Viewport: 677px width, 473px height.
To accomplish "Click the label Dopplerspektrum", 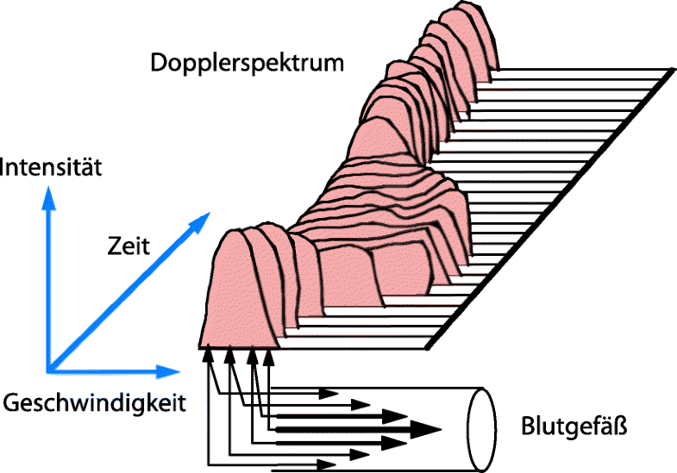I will [247, 63].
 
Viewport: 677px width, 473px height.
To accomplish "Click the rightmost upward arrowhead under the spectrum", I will [269, 355].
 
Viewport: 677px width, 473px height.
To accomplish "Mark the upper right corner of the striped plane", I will [669, 70].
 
